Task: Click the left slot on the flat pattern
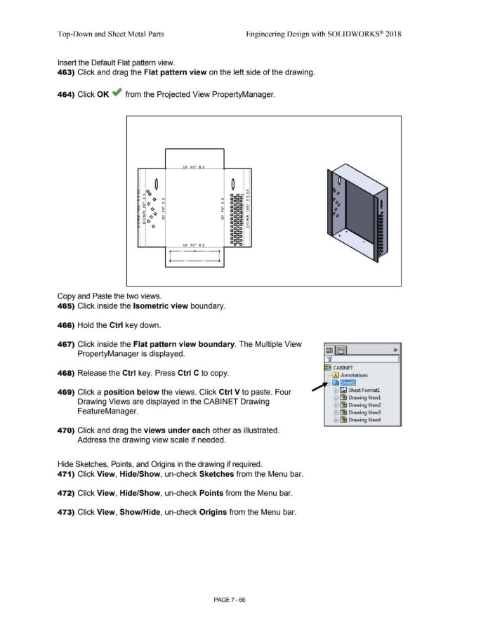pyautogui.click(x=156, y=185)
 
